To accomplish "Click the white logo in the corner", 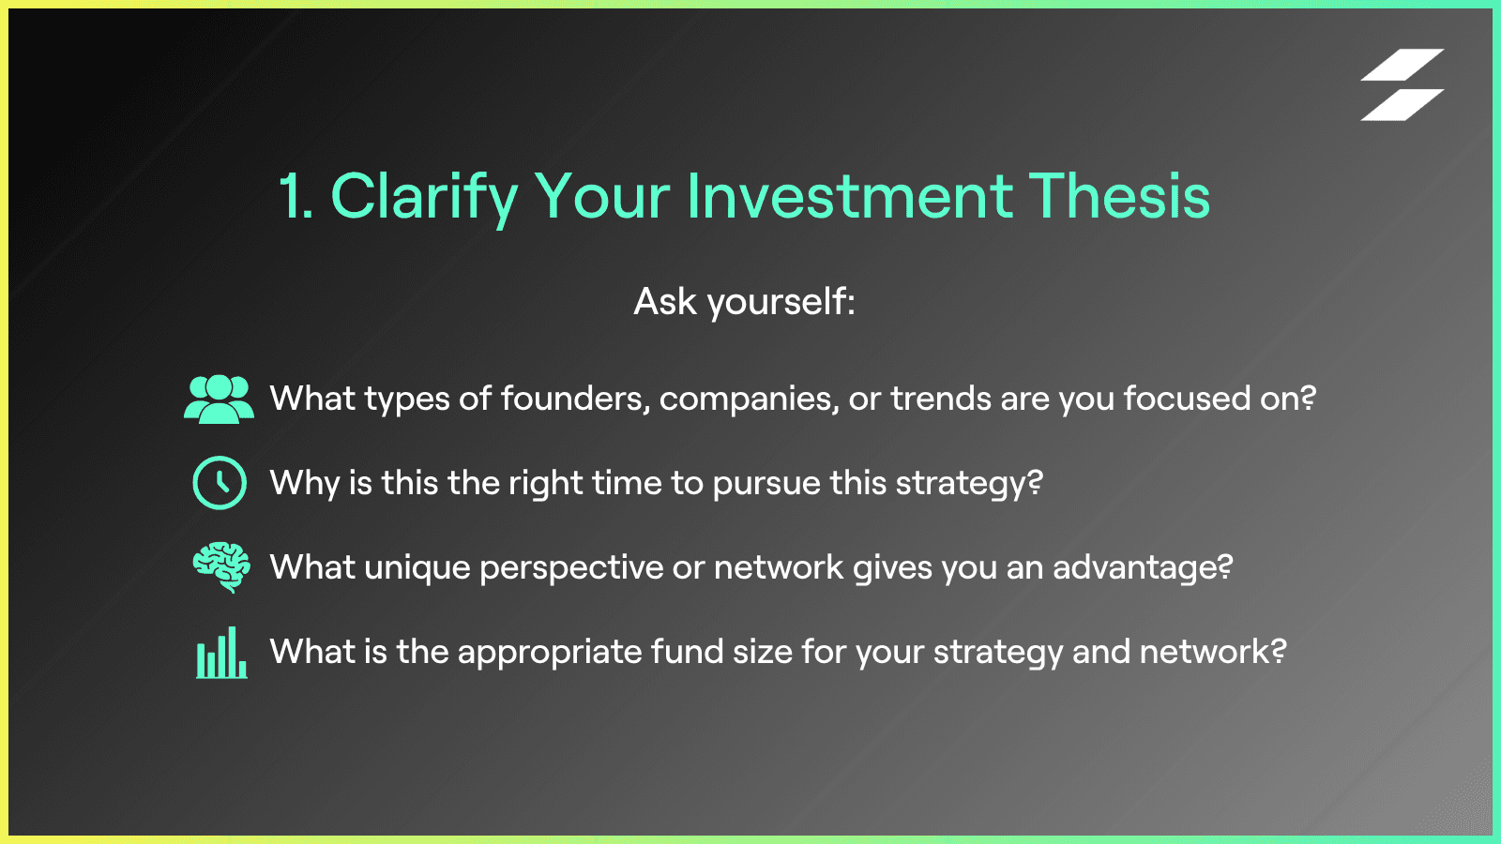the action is [1402, 84].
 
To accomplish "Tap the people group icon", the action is [220, 399].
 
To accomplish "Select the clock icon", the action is [220, 483].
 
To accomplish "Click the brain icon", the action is [221, 567].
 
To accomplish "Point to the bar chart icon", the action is [221, 653].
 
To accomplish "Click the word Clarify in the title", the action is [424, 197].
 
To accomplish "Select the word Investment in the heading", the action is [850, 196].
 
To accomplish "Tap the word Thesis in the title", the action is [1119, 196].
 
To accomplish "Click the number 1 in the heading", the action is [295, 196].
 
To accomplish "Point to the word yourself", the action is [781, 302].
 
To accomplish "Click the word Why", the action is [304, 484].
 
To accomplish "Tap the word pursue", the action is [766, 484].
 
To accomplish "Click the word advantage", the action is [1143, 568].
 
